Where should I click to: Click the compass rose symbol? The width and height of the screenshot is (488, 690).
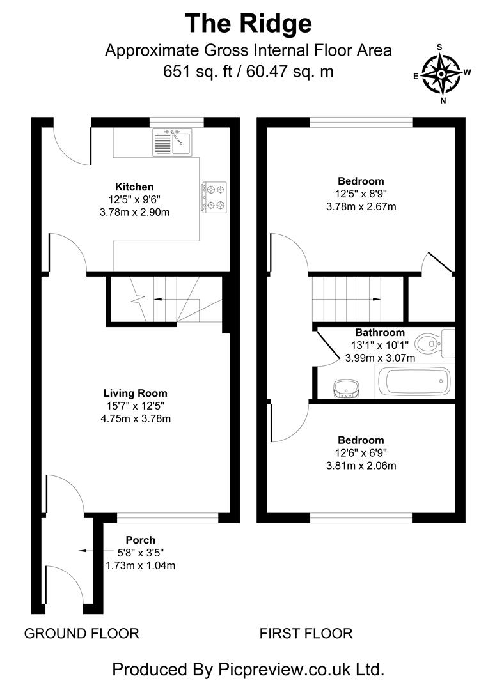[x=441, y=73]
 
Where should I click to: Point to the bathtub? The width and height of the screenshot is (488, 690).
[x=415, y=383]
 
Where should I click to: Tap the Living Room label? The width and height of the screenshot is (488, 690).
[x=135, y=393]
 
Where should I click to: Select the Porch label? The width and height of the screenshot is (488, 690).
[x=140, y=540]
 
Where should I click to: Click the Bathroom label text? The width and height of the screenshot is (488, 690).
[x=380, y=332]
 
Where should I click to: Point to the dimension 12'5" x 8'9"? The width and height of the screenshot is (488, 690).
[x=361, y=194]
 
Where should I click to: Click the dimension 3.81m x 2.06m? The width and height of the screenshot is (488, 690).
[x=361, y=466]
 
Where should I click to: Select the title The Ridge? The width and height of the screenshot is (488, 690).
[x=248, y=23]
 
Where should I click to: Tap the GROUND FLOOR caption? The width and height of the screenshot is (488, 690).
[x=81, y=634]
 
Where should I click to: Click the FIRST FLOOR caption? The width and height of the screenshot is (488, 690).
[x=306, y=634]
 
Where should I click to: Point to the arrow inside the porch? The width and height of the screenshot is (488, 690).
[x=82, y=550]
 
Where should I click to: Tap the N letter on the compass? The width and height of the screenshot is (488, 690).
[x=442, y=100]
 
